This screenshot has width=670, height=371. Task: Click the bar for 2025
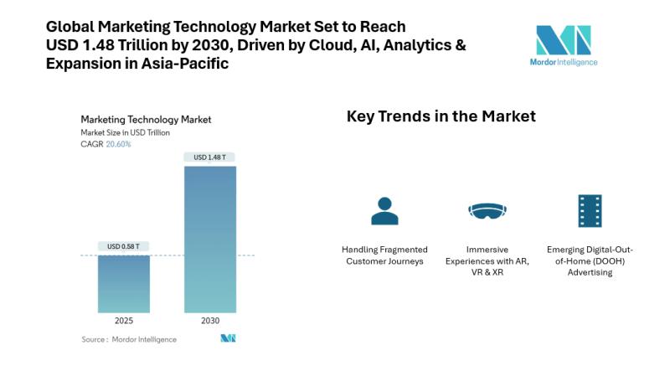click(x=124, y=284)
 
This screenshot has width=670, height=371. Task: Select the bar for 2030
click(x=210, y=240)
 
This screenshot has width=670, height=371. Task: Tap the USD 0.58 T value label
click(x=123, y=246)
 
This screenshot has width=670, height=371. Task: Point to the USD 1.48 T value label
click(x=210, y=157)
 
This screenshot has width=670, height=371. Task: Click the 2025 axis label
click(x=124, y=321)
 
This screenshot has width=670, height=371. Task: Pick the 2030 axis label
click(x=210, y=321)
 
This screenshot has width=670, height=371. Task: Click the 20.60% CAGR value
click(x=118, y=145)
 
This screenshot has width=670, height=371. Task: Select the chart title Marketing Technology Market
click(x=146, y=120)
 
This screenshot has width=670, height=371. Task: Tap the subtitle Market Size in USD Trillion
click(x=125, y=133)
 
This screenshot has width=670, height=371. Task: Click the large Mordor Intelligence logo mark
click(x=564, y=39)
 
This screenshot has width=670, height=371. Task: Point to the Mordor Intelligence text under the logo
click(x=564, y=62)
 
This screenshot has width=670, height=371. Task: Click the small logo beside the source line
click(x=228, y=338)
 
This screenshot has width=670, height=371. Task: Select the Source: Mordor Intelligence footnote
click(x=129, y=339)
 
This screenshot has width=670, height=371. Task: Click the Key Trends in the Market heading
click(x=441, y=116)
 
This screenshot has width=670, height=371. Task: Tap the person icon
click(x=384, y=211)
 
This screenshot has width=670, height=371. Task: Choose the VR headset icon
click(x=487, y=210)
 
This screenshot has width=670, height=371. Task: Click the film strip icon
click(x=590, y=211)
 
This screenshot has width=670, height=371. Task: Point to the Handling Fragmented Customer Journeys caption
click(x=384, y=255)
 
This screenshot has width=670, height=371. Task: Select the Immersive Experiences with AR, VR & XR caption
click(x=487, y=260)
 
